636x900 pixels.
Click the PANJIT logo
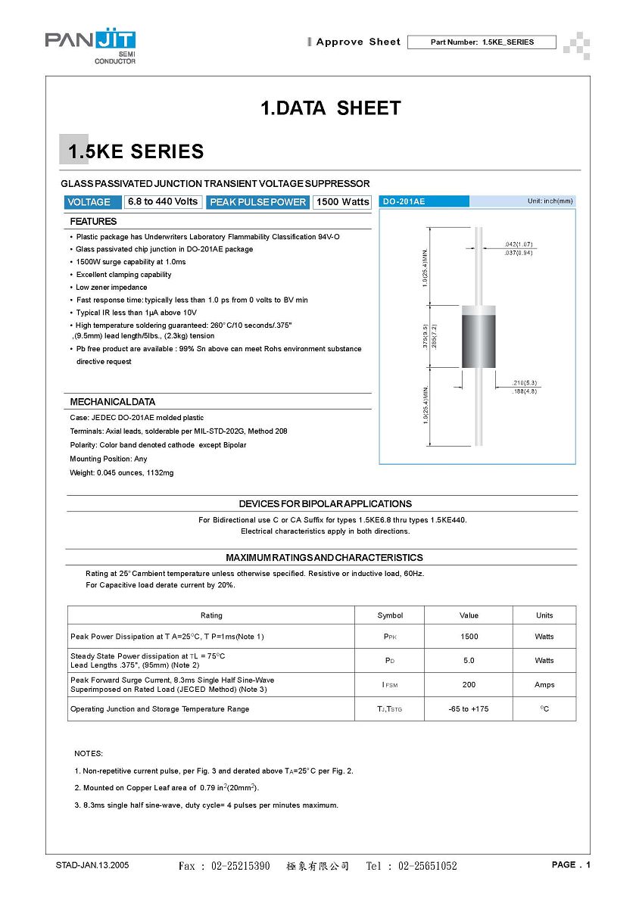(91, 47)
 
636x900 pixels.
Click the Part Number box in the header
(482, 42)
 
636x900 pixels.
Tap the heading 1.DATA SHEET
(330, 108)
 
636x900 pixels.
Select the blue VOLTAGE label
(89, 202)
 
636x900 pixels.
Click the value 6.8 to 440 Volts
(163, 201)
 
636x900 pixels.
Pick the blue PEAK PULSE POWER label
(257, 202)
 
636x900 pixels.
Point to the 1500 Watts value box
(342, 202)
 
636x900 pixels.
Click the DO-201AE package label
(404, 201)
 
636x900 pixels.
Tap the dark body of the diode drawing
(479, 343)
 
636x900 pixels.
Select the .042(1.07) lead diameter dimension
(519, 244)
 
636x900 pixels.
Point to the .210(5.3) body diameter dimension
(525, 383)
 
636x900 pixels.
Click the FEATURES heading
(93, 222)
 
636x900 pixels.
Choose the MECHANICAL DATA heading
(112, 402)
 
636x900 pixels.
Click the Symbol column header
(390, 615)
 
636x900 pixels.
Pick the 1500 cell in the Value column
(469, 637)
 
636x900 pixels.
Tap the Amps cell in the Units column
(544, 685)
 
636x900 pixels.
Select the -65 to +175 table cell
(469, 709)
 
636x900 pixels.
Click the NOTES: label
(89, 754)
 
